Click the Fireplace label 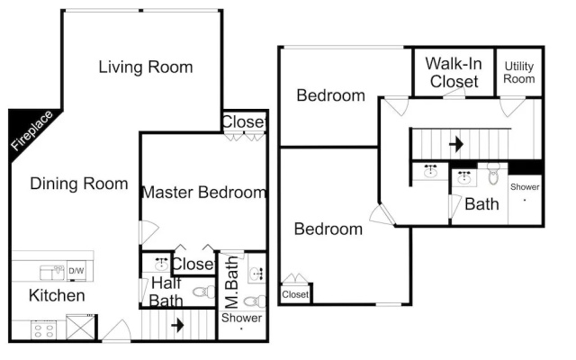(x=31, y=130)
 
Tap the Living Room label (x=146, y=67)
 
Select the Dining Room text (x=79, y=184)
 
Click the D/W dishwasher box (x=76, y=271)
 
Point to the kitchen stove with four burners (x=43, y=329)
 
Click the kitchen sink (x=52, y=272)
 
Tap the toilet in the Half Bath (x=204, y=292)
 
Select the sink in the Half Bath (x=161, y=264)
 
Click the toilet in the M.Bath (x=255, y=301)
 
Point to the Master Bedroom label (x=204, y=192)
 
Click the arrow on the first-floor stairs (x=177, y=325)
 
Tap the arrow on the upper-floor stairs (x=456, y=144)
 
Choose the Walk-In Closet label (x=454, y=72)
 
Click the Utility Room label (x=518, y=72)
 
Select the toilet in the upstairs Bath (x=493, y=175)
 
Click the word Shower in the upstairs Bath (x=525, y=187)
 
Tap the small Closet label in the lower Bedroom (x=295, y=294)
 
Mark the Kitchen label (x=57, y=295)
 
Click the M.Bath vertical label (x=232, y=282)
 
